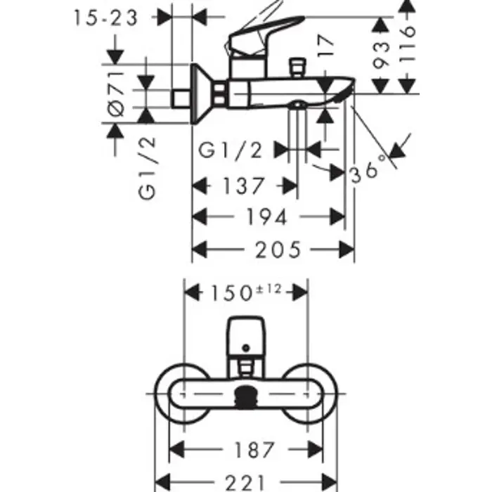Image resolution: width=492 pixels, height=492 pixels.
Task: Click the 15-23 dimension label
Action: point(105,18)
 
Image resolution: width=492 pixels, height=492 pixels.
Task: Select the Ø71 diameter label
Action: point(115,94)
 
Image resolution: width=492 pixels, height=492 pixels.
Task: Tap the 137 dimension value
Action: point(243,186)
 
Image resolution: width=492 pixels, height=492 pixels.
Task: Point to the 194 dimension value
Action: point(266,216)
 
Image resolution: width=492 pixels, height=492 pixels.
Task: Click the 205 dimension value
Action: point(278,250)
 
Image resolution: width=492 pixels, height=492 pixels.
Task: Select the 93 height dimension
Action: point(381,56)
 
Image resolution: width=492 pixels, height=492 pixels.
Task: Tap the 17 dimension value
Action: point(325,46)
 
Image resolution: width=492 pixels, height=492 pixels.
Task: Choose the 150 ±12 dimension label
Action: point(246,293)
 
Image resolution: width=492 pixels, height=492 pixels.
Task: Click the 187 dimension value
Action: point(254,450)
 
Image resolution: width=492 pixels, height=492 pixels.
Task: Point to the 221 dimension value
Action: point(246,483)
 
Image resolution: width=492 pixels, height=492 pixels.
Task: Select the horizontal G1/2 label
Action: point(230,150)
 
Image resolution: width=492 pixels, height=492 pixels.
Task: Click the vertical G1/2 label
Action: point(147,168)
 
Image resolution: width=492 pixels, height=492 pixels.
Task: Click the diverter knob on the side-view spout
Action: point(297,67)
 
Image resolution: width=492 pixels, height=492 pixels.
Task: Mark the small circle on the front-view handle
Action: point(246,348)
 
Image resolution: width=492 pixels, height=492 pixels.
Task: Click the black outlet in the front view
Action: point(246,398)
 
